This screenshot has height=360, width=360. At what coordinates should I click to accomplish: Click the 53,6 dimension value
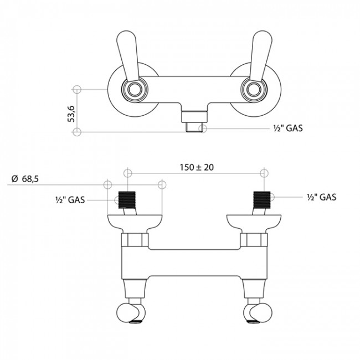pyautogui.click(x=71, y=114)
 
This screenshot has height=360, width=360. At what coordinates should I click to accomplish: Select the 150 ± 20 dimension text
pyautogui.click(x=197, y=167)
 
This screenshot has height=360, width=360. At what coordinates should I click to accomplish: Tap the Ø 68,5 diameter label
pyautogui.click(x=25, y=179)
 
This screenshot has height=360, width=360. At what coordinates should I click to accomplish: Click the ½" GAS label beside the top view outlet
pyautogui.click(x=288, y=128)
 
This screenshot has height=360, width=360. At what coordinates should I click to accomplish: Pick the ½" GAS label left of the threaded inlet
pyautogui.click(x=70, y=200)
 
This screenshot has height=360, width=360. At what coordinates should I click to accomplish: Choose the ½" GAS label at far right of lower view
pyautogui.click(x=321, y=197)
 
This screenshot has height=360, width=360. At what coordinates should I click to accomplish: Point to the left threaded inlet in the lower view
pyautogui.click(x=127, y=199)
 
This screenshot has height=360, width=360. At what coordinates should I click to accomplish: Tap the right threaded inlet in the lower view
pyautogui.click(x=262, y=199)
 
